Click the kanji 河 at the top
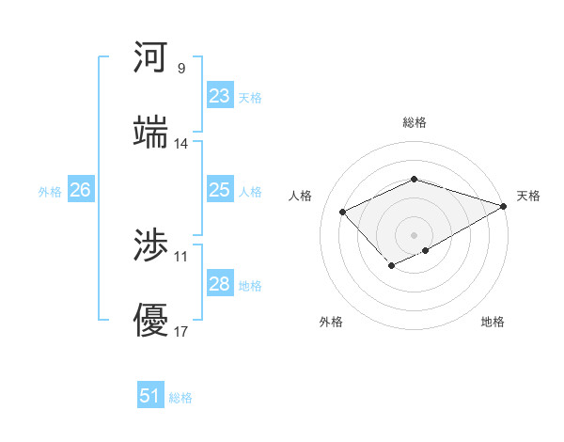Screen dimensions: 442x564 [x=151, y=58]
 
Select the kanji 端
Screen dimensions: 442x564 [x=151, y=132]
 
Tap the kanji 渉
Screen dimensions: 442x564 [x=151, y=246]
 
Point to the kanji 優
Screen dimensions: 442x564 [x=151, y=320]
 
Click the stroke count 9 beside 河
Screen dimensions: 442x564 [x=180, y=68]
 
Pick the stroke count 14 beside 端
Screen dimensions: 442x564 [x=180, y=144]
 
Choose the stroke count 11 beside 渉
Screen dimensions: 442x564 [x=180, y=256]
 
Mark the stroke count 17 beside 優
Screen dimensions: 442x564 [x=180, y=331]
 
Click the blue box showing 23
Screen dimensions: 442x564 [x=219, y=95]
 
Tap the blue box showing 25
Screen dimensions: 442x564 [x=219, y=190]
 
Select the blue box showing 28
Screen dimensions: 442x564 [x=219, y=284]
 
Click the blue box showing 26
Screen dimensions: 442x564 [x=80, y=190]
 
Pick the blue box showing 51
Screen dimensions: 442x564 [x=150, y=396]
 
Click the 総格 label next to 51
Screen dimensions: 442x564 [x=180, y=398]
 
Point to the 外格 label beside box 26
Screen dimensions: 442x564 [x=50, y=192]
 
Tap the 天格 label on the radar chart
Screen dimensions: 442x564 [x=528, y=196]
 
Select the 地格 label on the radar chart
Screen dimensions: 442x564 [x=493, y=322]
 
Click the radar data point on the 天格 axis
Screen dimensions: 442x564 [x=504, y=205]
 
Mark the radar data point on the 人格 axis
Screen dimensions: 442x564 [x=343, y=212]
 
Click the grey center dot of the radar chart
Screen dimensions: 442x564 [x=414, y=234]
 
